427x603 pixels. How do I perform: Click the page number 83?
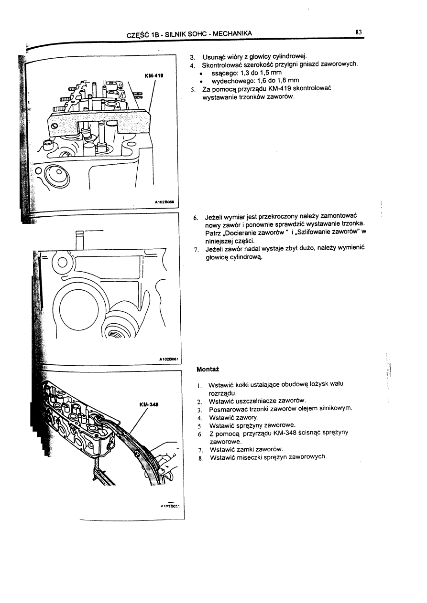pos(359,32)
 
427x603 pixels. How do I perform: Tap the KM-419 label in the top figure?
pos(154,75)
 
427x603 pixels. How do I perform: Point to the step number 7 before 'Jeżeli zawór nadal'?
pos(196,249)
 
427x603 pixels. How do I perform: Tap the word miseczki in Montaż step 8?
pos(245,457)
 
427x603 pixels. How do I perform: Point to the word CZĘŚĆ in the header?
pos(136,34)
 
